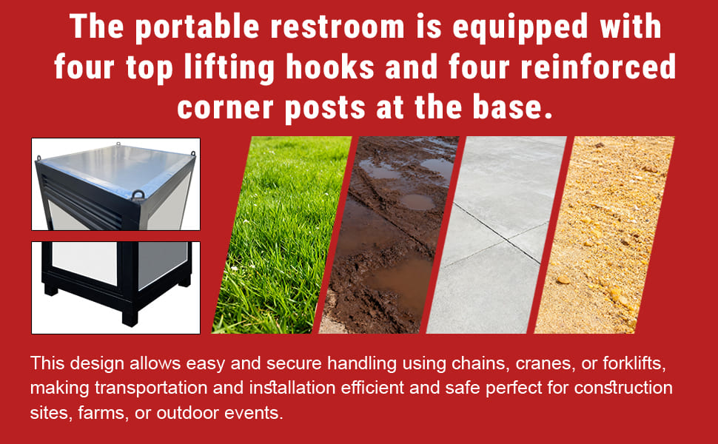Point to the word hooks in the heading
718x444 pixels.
[x=330, y=67]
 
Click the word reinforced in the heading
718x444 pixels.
[x=598, y=67]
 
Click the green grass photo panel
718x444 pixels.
[x=281, y=235]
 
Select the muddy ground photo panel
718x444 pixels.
[x=389, y=235]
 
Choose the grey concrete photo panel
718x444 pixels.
[x=497, y=235]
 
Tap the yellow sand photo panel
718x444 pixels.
[x=605, y=235]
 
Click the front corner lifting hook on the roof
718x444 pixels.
[x=138, y=195]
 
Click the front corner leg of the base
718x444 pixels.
[x=130, y=316]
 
